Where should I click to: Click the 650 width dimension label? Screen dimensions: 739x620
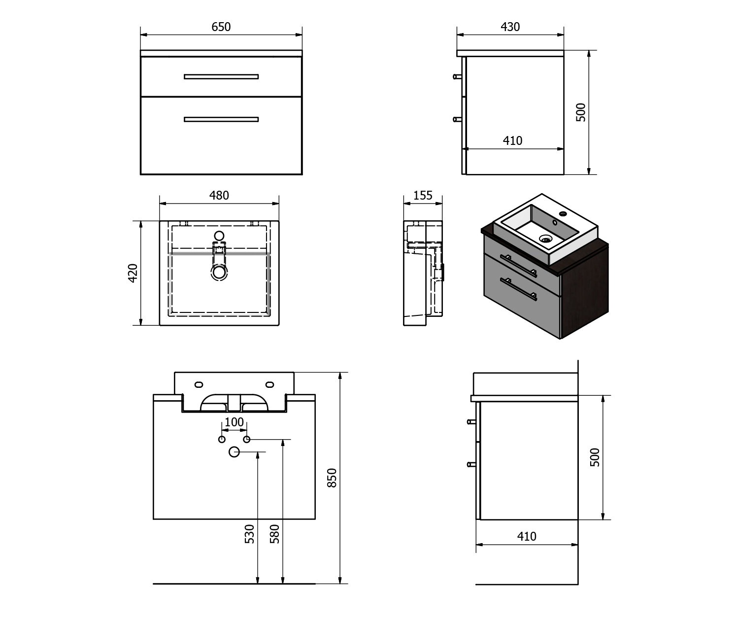coord(221,27)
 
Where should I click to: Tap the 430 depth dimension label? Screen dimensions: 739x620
coord(510,27)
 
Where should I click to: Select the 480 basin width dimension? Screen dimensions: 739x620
coord(219,196)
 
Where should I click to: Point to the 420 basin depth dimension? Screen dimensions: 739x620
coord(133,273)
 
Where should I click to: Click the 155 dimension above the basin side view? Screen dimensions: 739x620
coord(423,196)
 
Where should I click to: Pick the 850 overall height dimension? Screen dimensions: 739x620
coord(332,478)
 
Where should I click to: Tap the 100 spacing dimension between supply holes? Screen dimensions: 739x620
coord(234,422)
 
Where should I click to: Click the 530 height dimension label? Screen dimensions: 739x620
coord(249,534)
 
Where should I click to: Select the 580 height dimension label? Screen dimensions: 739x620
coord(274,534)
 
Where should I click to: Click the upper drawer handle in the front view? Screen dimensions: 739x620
coord(221,76)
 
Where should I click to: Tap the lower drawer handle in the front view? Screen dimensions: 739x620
coord(221,119)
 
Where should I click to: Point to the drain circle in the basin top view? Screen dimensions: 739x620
coord(219,272)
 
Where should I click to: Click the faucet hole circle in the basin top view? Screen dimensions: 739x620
coord(219,236)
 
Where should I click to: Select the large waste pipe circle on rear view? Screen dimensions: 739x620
coord(234,452)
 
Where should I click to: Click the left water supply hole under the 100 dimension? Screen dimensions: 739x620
coord(222,440)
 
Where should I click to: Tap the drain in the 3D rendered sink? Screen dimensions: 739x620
coord(545,239)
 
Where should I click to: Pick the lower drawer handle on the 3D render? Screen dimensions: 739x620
coord(519,289)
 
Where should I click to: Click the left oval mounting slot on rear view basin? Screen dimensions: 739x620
coord(199,384)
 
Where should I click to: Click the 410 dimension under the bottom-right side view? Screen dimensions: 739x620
coord(527,536)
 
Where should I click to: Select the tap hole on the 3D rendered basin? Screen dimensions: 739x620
coord(563,214)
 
